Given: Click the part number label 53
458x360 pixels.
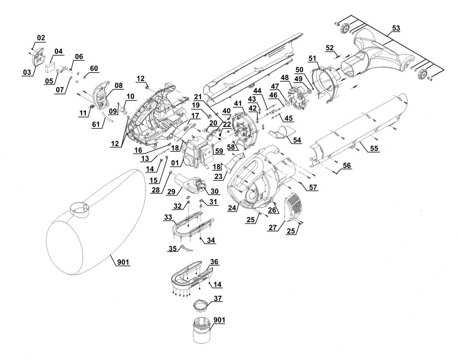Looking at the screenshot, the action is (x=396, y=28).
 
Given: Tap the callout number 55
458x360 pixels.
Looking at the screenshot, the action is (x=374, y=149).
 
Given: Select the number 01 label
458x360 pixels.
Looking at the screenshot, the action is (x=175, y=162).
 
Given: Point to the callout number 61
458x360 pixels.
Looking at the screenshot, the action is (x=96, y=125).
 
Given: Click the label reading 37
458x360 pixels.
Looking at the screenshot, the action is (x=218, y=299).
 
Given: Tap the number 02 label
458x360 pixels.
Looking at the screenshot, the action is (x=41, y=38).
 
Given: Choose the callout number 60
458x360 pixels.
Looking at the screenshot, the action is (x=94, y=68).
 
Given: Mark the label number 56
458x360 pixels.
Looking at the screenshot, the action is (x=347, y=165).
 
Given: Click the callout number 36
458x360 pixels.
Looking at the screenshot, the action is (x=215, y=262).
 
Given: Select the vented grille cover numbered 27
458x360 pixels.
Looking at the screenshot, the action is (x=293, y=208).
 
